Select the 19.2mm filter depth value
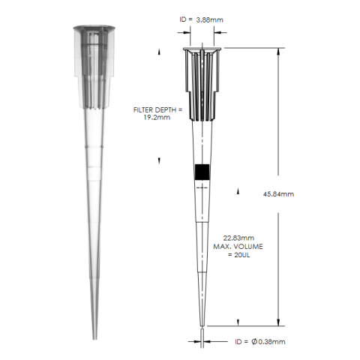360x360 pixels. click(157, 118)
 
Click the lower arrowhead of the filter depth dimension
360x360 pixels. click(160, 160)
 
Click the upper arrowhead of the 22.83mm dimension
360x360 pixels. click(238, 192)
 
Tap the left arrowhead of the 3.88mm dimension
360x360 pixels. click(183, 32)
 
